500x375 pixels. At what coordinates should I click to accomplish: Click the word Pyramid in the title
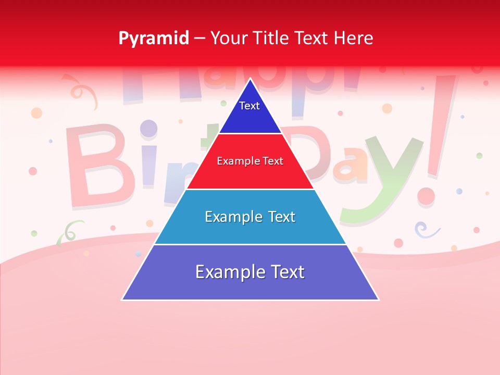pos(153,39)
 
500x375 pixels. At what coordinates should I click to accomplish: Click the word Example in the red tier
pos(234,161)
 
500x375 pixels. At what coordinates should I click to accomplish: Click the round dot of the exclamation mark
pos(426,196)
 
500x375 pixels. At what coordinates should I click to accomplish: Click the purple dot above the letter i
pos(149,128)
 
